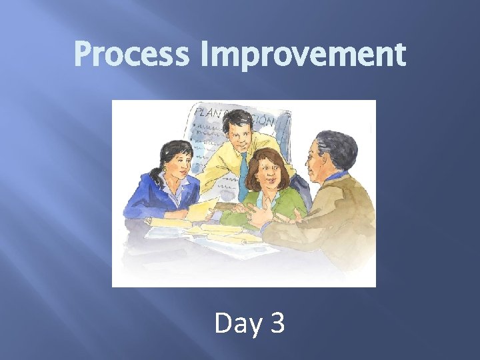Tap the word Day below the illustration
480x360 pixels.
[237, 323]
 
